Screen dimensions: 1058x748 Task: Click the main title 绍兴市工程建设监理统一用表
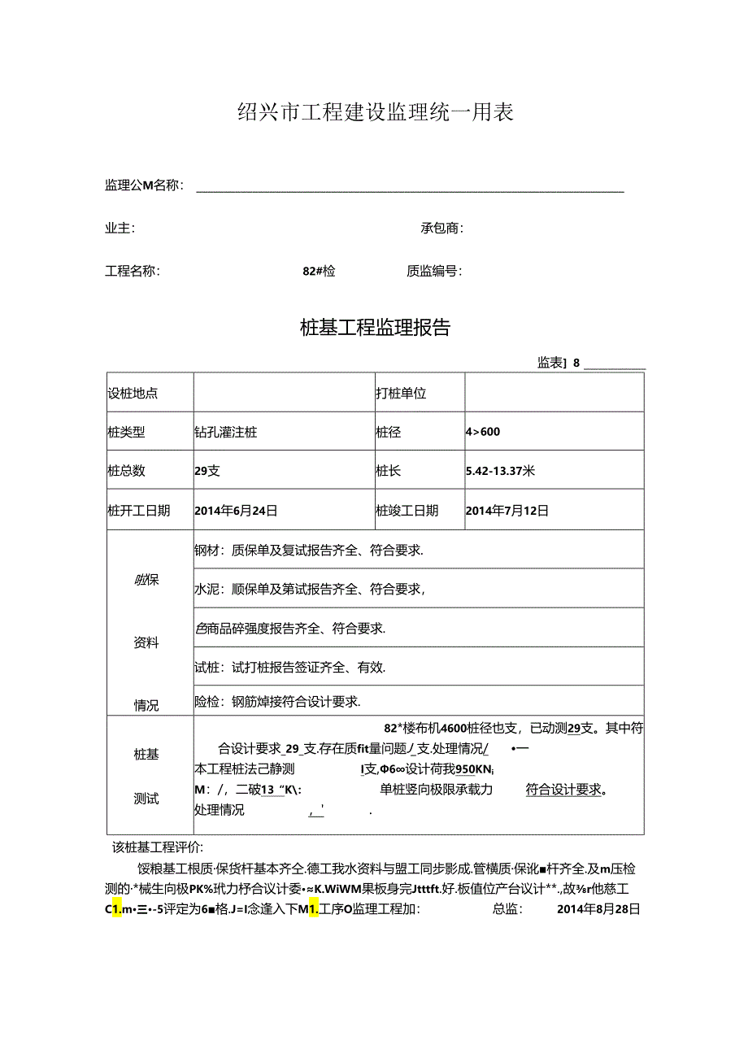coord(375,112)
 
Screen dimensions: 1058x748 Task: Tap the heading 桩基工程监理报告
coord(375,328)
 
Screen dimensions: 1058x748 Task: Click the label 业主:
coord(120,229)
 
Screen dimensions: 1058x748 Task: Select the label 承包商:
coord(441,229)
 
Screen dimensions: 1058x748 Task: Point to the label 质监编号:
coord(434,272)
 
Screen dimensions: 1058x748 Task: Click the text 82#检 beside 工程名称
coord(319,272)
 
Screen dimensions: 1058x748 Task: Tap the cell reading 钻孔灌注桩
coord(226,432)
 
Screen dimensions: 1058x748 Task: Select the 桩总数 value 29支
coord(207,470)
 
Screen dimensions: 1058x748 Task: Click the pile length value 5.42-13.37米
coord(500,470)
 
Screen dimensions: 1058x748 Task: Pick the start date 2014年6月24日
coord(237,511)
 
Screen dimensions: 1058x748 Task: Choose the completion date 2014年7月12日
coord(507,511)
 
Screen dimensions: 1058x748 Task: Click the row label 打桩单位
coord(401,394)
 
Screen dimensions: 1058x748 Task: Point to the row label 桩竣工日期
coord(407,511)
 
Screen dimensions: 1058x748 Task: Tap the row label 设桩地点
coord(133,394)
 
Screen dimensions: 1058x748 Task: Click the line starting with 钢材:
coord(309,550)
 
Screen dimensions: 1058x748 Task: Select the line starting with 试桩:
coord(290,668)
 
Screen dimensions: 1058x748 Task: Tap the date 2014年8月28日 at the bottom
coord(599,909)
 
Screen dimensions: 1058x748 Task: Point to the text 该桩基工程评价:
coord(159,847)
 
